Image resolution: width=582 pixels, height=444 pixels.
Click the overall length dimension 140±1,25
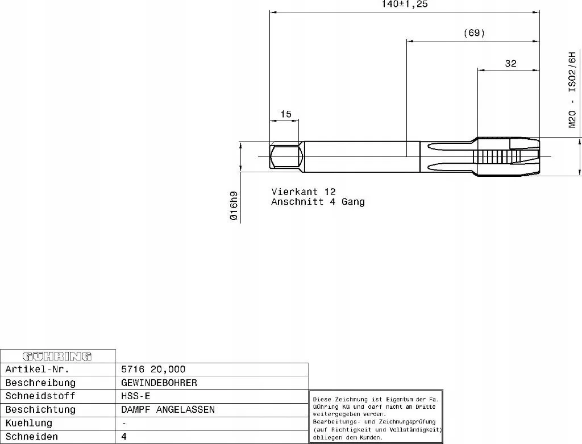405,4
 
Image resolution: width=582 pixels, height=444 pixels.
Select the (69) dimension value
475,33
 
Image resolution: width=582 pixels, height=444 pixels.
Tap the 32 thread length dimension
510,64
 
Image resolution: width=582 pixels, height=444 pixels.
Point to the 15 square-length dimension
286,114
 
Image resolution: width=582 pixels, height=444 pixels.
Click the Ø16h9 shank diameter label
234,206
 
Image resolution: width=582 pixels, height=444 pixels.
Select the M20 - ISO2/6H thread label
572,90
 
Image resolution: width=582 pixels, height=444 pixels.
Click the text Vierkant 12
304,192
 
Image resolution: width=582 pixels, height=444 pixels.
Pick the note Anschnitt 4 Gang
318,202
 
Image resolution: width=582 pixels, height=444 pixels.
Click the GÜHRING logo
57,356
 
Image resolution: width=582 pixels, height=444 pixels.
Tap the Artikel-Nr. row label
38,370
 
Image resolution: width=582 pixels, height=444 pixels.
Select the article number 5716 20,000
153,370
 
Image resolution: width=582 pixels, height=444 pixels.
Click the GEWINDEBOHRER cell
159,383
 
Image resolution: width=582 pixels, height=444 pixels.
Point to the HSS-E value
136,396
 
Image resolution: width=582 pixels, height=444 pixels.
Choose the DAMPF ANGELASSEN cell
168,409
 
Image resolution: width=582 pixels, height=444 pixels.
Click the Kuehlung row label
29,423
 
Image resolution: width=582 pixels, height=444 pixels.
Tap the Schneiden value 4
124,437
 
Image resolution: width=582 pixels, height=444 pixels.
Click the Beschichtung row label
40,409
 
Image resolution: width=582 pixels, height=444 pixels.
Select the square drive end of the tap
284,157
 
